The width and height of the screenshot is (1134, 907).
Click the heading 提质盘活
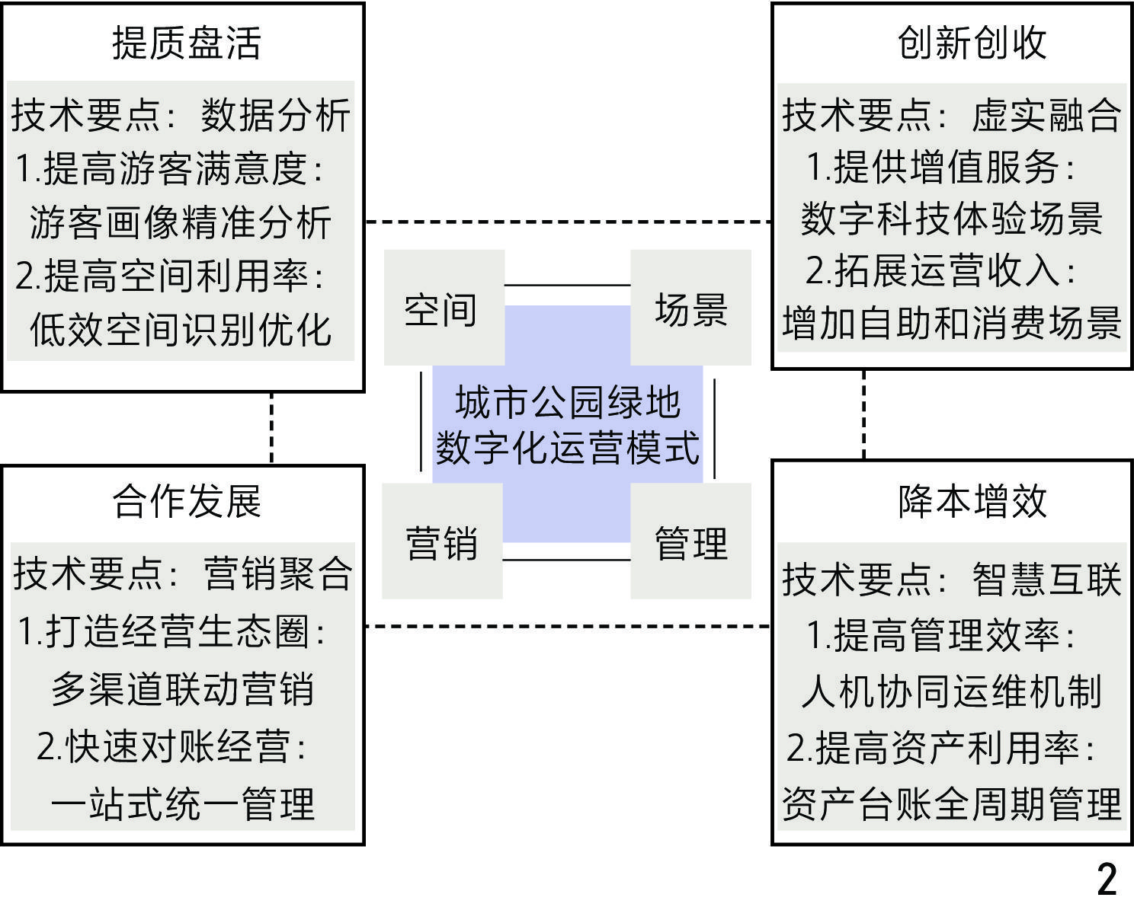pos(186,43)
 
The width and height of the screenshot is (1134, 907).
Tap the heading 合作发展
pos(187,501)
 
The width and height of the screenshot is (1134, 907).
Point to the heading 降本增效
pos(972,501)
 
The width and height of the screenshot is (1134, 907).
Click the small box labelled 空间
pos(441,309)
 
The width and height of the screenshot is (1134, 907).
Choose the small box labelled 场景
pos(690,309)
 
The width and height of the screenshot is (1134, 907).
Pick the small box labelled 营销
pos(441,543)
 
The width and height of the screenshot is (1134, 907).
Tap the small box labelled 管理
pos(690,543)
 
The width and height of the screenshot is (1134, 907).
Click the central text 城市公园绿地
pos(567,401)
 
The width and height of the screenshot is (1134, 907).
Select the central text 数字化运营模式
pos(567,447)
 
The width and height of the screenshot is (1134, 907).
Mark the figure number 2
pos(1107,879)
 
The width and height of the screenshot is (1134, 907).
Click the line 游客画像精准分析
pos(181,222)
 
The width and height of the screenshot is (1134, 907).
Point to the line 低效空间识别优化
pos(181,330)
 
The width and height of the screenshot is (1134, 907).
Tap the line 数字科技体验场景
pos(951,219)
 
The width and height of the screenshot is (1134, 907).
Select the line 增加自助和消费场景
pos(951,323)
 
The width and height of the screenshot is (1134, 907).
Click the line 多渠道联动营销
pos(182,689)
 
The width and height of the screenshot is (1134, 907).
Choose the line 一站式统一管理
pos(182,803)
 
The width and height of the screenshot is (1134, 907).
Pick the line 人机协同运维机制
pos(951,691)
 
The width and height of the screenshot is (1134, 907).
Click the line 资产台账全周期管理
pos(951,803)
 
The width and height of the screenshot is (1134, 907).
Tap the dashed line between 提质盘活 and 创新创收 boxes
pos(568,222)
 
